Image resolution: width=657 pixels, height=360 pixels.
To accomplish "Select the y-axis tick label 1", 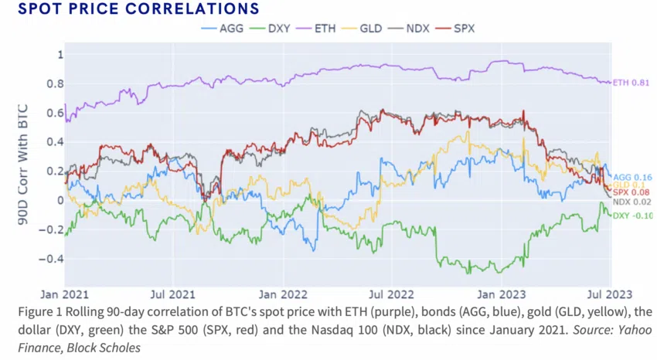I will point(58,55).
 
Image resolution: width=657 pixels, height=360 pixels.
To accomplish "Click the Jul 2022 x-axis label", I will point(390,294).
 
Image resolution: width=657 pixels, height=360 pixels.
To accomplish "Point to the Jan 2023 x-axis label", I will point(497,294).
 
